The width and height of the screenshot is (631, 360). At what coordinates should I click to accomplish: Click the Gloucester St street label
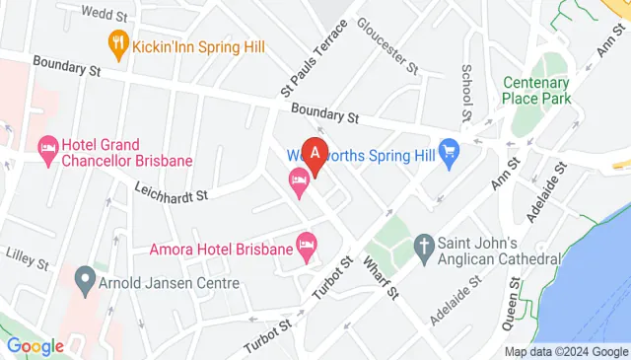(x=388, y=45)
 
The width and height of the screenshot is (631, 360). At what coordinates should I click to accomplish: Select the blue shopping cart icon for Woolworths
(x=451, y=152)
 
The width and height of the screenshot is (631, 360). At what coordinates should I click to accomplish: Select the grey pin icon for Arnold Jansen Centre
(x=85, y=278)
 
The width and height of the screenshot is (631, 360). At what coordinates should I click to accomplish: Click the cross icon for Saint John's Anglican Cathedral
(x=424, y=244)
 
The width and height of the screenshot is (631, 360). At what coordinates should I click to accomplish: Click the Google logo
(x=35, y=346)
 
